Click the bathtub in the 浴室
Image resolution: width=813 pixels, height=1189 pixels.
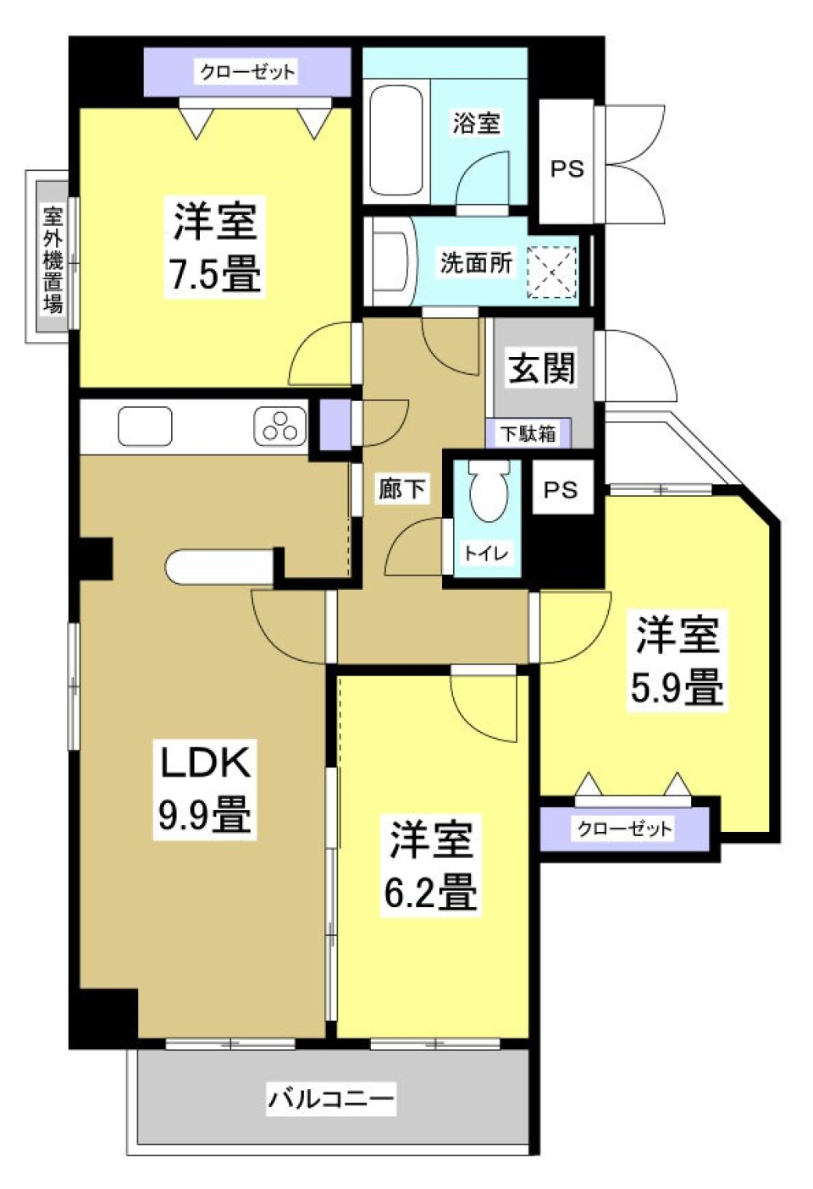pos(396,140)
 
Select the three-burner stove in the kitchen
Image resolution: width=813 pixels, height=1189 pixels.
pos(279,425)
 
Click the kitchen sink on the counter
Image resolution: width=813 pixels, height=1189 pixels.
pos(145,426)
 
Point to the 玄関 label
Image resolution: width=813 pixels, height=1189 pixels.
pos(542,369)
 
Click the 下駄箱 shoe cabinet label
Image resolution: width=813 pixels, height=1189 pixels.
pos(528,434)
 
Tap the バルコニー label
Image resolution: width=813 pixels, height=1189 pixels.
pos(331,1099)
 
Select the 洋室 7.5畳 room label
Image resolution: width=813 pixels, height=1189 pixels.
pos(215,246)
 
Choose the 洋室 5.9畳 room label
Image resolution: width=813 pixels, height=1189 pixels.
pos(677,660)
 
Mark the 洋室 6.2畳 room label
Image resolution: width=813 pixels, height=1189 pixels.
pos(430,864)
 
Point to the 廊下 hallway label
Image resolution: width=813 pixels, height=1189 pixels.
pos(401,488)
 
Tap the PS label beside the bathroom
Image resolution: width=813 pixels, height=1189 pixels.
pos(567,168)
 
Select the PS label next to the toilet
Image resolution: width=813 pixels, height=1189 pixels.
pos(560,489)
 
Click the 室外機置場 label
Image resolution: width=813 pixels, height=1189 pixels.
pos(53,259)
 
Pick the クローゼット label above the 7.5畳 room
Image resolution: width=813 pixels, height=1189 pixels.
pos(247,72)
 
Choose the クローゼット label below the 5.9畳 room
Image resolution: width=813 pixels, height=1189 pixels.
pos(624,828)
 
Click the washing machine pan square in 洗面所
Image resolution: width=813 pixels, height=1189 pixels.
pos(551,272)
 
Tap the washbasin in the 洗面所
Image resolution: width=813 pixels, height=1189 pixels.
pos(393,262)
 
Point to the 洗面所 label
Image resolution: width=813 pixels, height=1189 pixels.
pos(475,262)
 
